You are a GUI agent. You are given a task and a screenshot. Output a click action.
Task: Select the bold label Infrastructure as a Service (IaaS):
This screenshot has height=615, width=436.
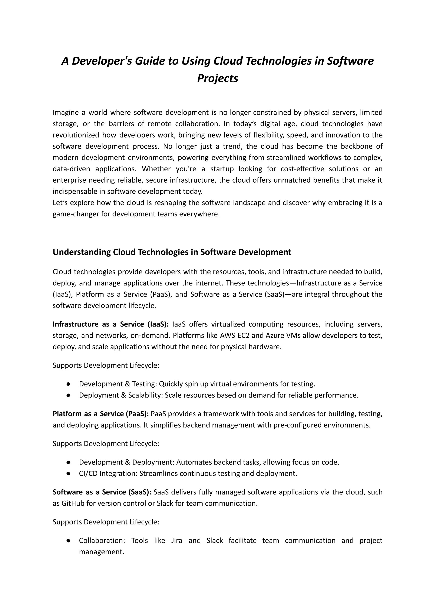111,324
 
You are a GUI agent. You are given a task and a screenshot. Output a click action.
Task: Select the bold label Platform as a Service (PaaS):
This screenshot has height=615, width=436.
101,414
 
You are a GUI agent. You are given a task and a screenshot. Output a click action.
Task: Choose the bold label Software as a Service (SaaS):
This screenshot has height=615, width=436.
102,492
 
